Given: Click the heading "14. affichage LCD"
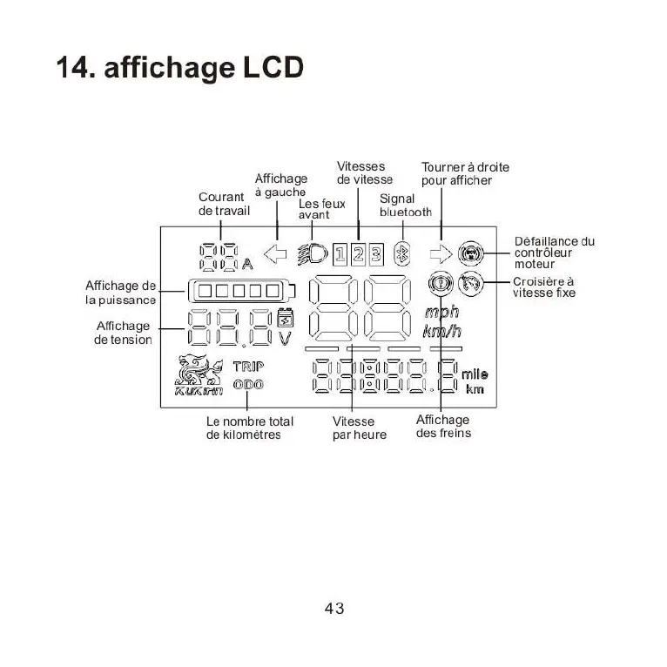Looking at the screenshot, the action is (x=179, y=68).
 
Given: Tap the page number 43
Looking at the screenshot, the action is (x=334, y=609).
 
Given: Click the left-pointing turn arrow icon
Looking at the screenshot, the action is (x=275, y=254).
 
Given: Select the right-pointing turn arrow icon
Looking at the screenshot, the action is (x=441, y=254).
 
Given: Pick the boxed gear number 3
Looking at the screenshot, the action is (x=375, y=254).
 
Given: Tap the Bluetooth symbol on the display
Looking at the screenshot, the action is (x=402, y=254).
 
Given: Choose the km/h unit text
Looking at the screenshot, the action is (x=441, y=332).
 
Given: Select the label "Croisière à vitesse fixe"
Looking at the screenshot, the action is (x=543, y=287).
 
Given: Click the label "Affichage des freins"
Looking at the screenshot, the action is (x=442, y=427).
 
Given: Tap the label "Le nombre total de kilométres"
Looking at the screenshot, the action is (x=250, y=428).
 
